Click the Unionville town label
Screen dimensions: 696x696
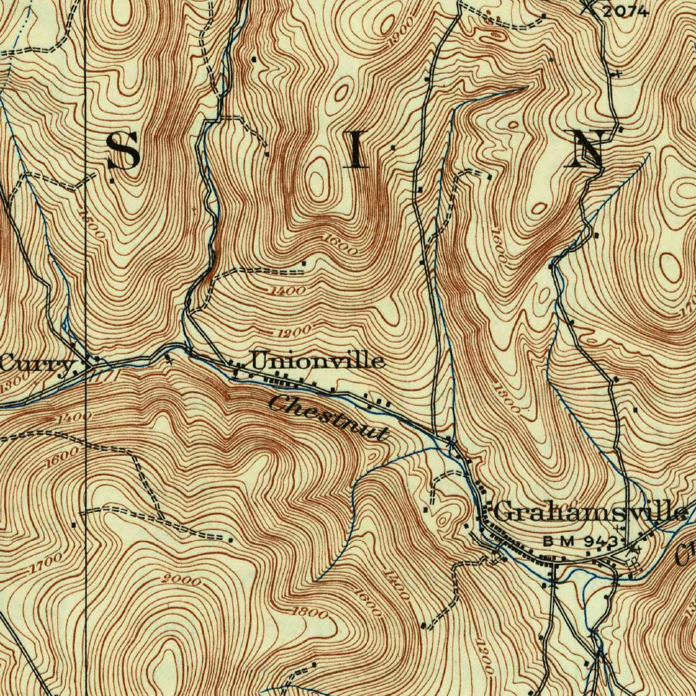click(x=317, y=360)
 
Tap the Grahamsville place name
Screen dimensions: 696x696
click(x=589, y=511)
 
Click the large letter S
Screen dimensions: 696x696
click(x=124, y=151)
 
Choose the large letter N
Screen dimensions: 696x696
click(x=588, y=150)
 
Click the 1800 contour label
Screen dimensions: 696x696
click(x=309, y=612)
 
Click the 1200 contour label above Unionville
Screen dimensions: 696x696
click(x=294, y=331)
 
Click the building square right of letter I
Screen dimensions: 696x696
click(x=394, y=147)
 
